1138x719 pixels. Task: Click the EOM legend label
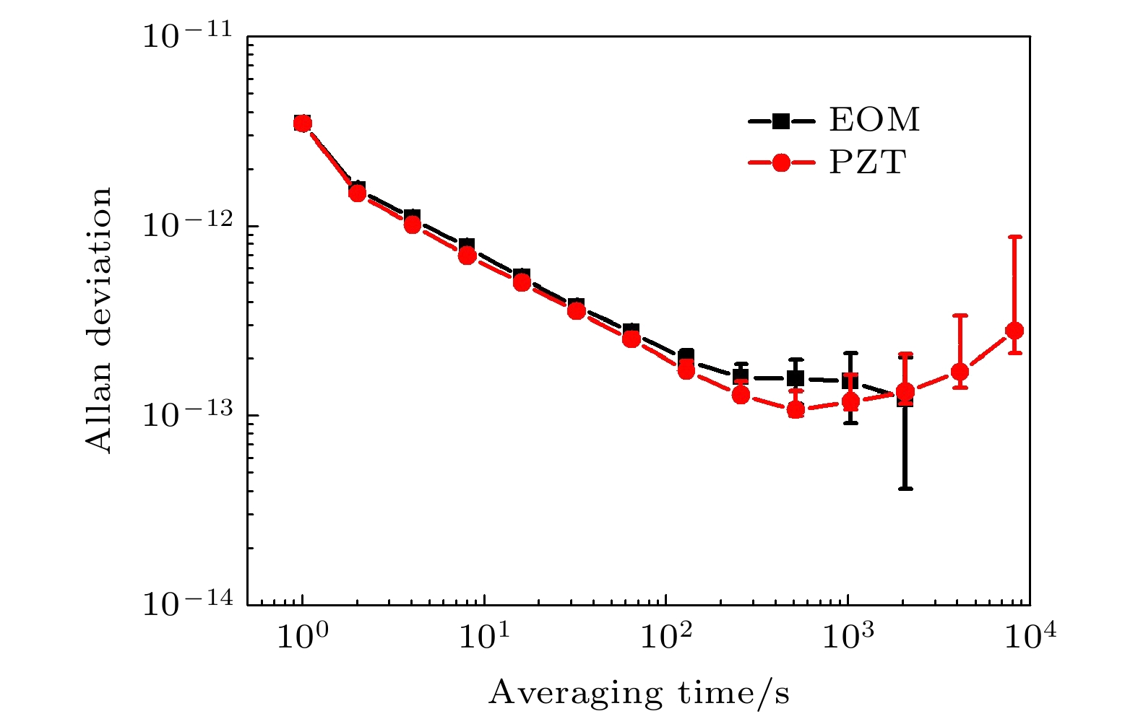[874, 120]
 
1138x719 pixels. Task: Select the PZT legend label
[867, 162]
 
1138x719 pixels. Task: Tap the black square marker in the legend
[780, 121]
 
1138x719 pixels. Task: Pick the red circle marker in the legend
[780, 163]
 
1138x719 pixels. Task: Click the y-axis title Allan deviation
[99, 320]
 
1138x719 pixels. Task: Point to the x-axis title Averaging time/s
[639, 693]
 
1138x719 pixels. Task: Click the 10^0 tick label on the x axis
[302, 636]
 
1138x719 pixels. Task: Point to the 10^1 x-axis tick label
[483, 636]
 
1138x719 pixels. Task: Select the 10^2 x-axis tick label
[665, 636]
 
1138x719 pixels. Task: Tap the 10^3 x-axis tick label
[847, 636]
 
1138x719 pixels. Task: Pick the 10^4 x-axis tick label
[1029, 636]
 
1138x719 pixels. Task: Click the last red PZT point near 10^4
[1014, 331]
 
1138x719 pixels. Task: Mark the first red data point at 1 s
[303, 123]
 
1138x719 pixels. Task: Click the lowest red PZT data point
[796, 410]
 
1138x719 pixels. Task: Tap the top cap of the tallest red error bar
[1014, 236]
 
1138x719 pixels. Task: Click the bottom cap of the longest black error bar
[905, 489]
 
